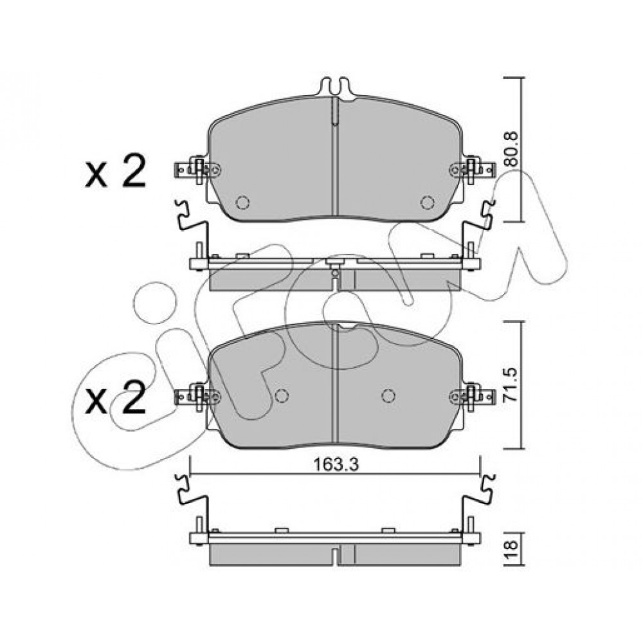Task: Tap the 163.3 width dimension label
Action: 336,465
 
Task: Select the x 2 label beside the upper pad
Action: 115,171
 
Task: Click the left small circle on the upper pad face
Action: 243,202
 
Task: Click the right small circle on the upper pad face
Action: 428,202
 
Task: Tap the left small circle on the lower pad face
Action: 282,395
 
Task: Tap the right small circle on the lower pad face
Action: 388,395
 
